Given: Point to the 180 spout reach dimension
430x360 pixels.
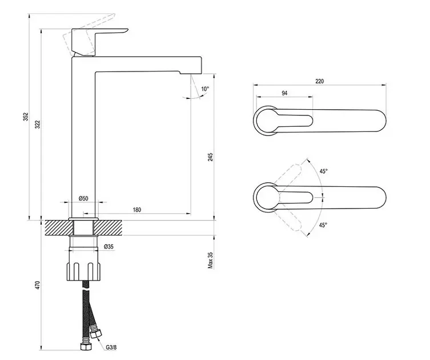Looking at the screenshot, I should click(x=137, y=210).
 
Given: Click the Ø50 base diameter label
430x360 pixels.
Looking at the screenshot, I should click(x=83, y=198).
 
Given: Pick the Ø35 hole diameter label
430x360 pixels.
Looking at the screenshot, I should click(x=110, y=246).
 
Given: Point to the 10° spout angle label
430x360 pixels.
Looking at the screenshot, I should click(x=205, y=89).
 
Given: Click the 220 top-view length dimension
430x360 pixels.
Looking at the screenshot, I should click(x=319, y=81).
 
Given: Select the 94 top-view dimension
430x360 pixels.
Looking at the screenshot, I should click(x=284, y=93).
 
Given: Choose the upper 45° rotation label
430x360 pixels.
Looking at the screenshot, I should click(x=323, y=171).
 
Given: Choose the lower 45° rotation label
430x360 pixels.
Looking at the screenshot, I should click(x=323, y=225).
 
